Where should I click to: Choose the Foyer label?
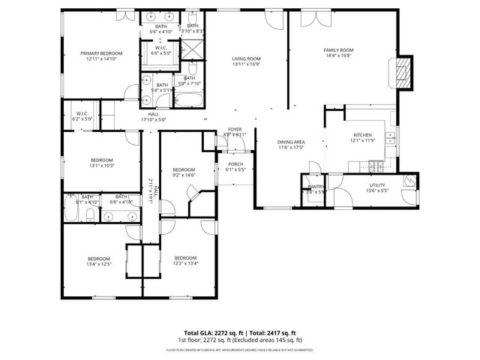click(x=235, y=133)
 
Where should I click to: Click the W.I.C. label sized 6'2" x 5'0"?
click(x=82, y=116)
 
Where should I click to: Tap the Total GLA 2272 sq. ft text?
click(x=211, y=332)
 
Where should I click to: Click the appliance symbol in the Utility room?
click(x=409, y=181)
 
